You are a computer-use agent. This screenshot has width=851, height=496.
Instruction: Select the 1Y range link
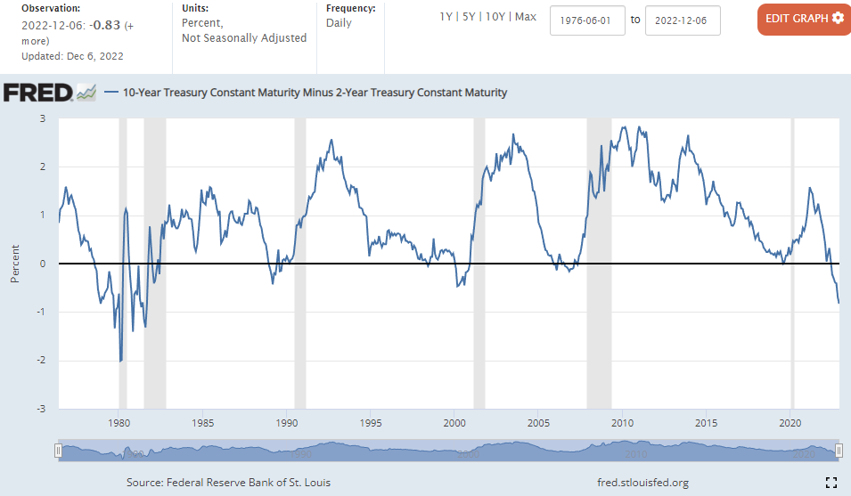click(x=446, y=17)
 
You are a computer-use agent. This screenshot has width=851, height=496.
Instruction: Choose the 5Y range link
click(x=470, y=17)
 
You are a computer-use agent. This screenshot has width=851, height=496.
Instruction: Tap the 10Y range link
click(x=496, y=17)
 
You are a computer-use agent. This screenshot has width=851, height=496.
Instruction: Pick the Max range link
click(x=526, y=17)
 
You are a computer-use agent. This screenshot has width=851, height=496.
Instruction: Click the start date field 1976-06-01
click(x=587, y=20)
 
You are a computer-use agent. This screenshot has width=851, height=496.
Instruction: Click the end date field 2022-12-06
click(x=682, y=20)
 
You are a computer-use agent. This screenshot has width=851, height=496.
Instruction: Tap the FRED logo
click(x=38, y=93)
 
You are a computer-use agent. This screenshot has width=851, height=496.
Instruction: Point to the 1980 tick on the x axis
click(x=119, y=422)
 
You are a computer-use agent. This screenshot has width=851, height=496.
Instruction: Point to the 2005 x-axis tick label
click(x=538, y=422)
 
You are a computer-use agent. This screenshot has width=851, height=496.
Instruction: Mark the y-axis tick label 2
click(x=42, y=167)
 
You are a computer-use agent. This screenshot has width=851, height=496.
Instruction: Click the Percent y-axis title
click(x=15, y=264)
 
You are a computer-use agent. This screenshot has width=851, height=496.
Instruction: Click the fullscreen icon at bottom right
click(x=831, y=483)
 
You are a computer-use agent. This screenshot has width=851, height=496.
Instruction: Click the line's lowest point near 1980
click(x=120, y=361)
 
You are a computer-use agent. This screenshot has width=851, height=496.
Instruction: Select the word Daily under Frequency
click(x=339, y=23)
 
